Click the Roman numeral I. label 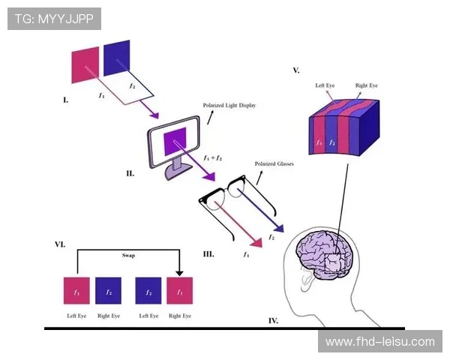click(x=65, y=99)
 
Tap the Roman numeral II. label click(x=130, y=173)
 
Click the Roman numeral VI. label click(x=59, y=244)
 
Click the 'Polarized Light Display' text click(x=229, y=106)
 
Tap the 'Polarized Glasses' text click(x=274, y=163)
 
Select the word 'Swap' click(x=128, y=255)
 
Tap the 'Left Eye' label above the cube click(x=325, y=86)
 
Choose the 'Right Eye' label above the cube click(x=366, y=86)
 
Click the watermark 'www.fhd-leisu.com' click(x=380, y=342)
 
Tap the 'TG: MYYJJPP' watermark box click(x=54, y=18)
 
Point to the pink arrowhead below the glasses click(x=256, y=242)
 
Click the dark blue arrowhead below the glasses click(x=278, y=227)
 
